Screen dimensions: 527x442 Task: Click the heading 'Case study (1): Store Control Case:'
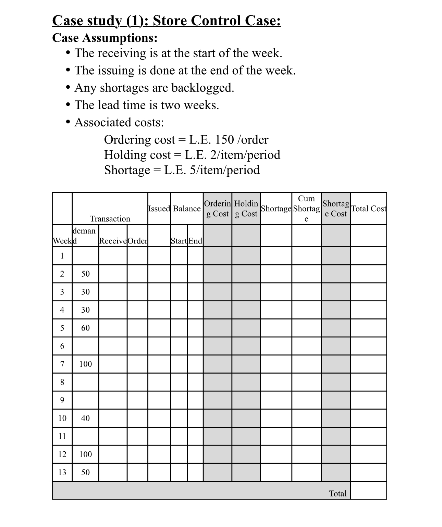[167, 21]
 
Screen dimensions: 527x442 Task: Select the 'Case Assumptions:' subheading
[105, 38]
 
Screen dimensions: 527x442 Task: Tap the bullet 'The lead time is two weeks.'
[147, 105]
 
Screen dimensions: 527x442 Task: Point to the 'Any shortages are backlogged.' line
[154, 88]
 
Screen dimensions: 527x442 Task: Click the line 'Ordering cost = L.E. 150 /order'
[186, 139]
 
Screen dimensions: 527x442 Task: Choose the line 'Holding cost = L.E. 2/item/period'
[192, 155]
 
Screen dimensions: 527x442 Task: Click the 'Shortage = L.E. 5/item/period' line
[182, 170]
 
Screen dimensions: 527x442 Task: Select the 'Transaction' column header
[110, 218]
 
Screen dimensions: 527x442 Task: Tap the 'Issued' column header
[159, 209]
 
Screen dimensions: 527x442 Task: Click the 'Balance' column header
[187, 209]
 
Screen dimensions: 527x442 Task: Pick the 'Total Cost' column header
[369, 209]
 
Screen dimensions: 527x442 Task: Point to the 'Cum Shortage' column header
[306, 209]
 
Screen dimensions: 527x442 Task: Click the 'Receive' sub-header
[113, 241]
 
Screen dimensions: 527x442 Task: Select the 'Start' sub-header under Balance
[179, 241]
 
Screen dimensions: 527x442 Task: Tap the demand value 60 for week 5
[85, 328]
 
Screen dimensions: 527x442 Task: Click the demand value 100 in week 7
[85, 364]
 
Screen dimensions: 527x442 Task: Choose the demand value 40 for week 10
[85, 418]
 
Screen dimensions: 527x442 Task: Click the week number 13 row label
[62, 472]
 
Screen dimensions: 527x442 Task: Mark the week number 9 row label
[62, 400]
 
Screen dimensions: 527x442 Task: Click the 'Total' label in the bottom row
[337, 493]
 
